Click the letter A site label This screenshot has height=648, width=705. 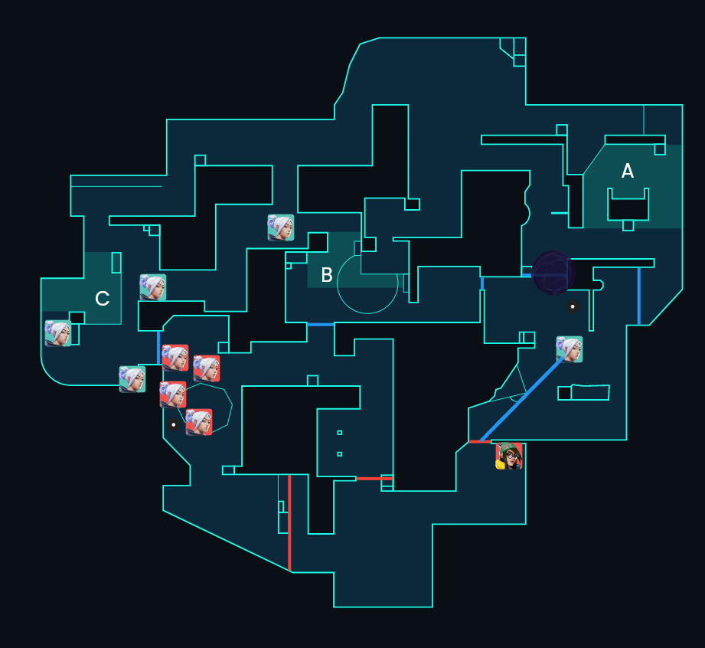click(x=627, y=171)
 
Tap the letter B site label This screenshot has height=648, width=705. click(x=327, y=275)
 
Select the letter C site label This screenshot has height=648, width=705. click(x=103, y=299)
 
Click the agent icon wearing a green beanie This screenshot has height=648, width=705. click(x=509, y=456)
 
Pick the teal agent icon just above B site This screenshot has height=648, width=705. click(x=281, y=227)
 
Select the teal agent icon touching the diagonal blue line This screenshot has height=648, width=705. click(x=570, y=349)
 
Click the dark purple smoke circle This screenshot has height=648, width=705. click(x=553, y=273)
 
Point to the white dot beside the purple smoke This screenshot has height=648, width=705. click(x=573, y=306)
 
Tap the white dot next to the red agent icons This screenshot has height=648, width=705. click(x=174, y=424)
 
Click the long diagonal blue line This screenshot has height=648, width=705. click(x=521, y=400)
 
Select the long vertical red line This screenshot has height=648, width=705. click(x=289, y=522)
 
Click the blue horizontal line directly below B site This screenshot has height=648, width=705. click(x=321, y=325)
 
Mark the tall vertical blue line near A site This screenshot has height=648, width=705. click(x=639, y=296)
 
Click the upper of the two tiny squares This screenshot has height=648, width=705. click(x=339, y=433)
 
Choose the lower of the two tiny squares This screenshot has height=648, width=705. click(x=339, y=454)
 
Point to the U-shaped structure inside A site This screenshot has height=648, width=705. click(x=628, y=205)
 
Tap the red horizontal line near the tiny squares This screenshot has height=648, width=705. click(x=374, y=479)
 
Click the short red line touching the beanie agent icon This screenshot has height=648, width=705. click(x=480, y=442)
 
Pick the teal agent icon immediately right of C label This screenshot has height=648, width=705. click(x=153, y=287)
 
